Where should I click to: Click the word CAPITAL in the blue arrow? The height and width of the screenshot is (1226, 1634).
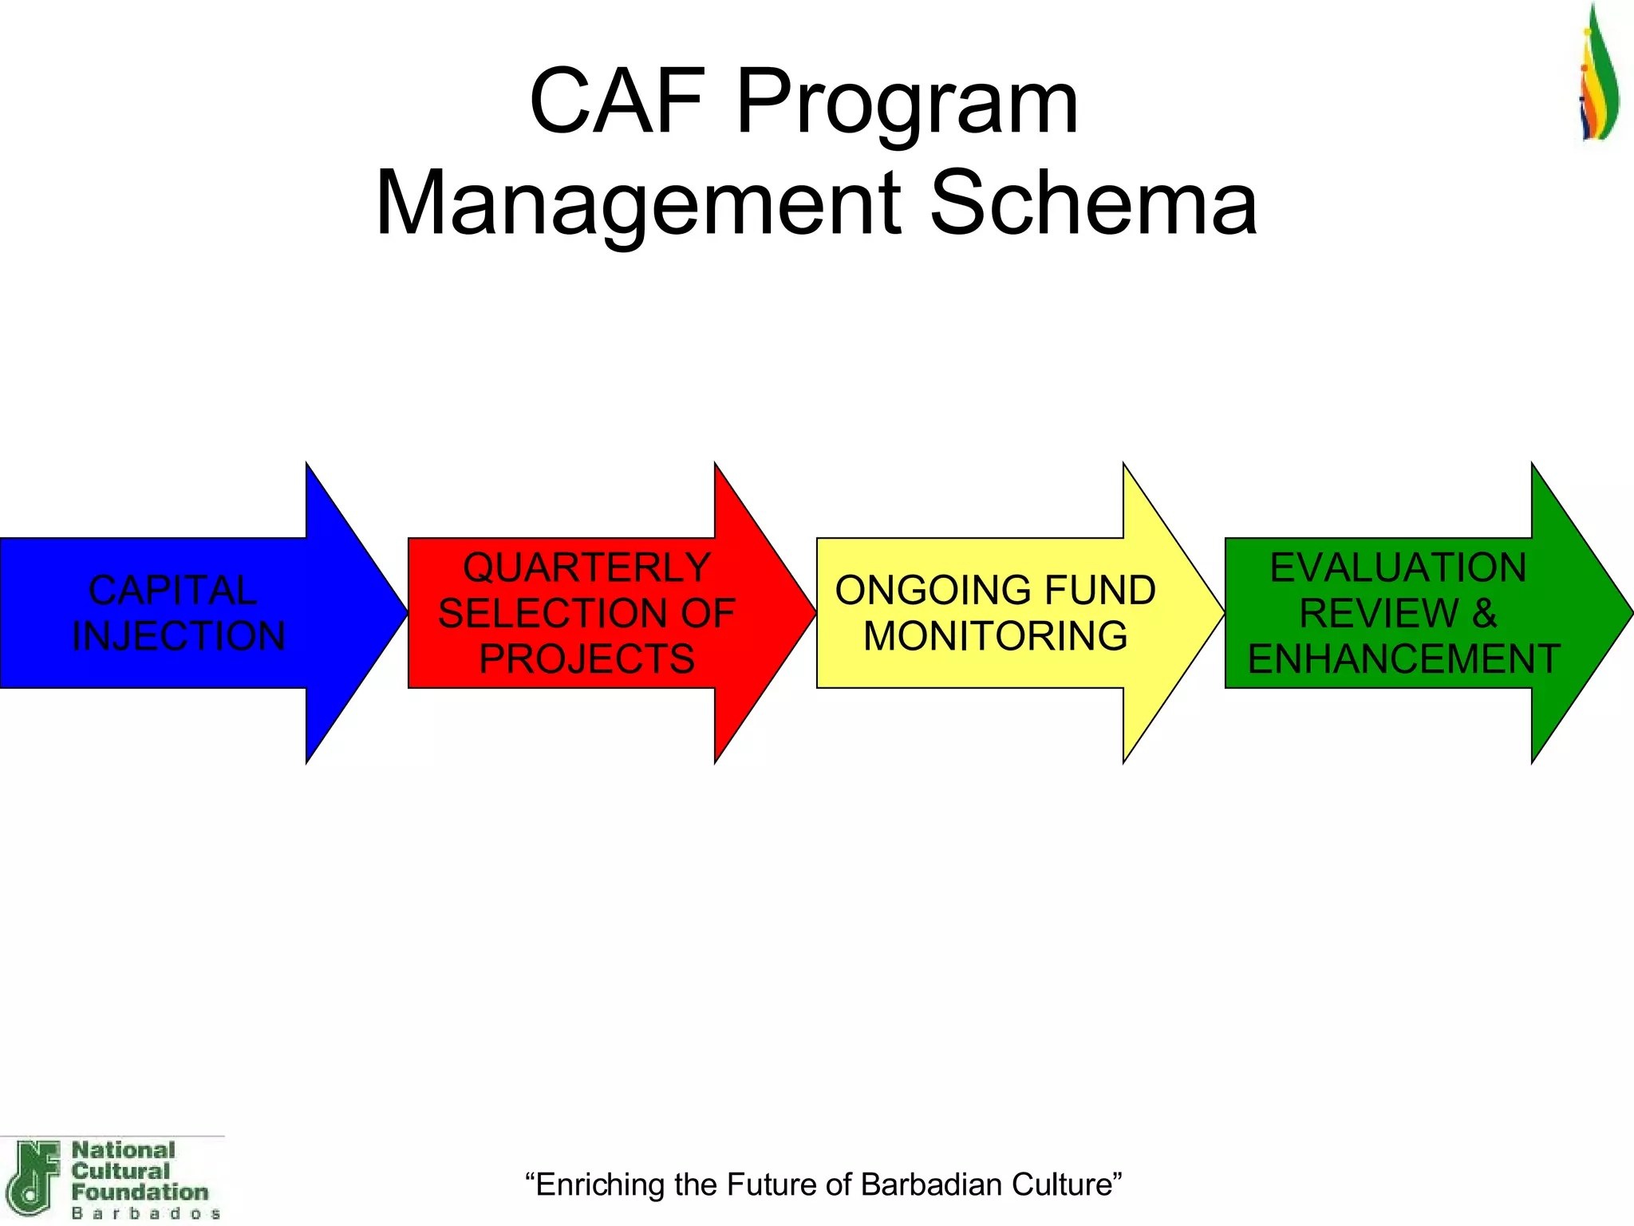172,591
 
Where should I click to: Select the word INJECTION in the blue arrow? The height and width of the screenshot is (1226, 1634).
178,636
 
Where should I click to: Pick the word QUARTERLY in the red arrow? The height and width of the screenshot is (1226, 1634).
587,568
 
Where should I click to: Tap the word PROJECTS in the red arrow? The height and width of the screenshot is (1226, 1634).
587,659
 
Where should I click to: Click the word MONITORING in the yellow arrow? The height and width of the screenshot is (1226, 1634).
995,636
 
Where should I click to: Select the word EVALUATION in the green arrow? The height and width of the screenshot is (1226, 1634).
1398,568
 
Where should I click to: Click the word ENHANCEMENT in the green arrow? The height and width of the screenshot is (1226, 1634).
1403,659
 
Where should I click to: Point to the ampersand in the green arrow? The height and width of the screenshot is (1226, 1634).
1484,614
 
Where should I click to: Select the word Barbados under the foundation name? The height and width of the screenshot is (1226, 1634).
146,1213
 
